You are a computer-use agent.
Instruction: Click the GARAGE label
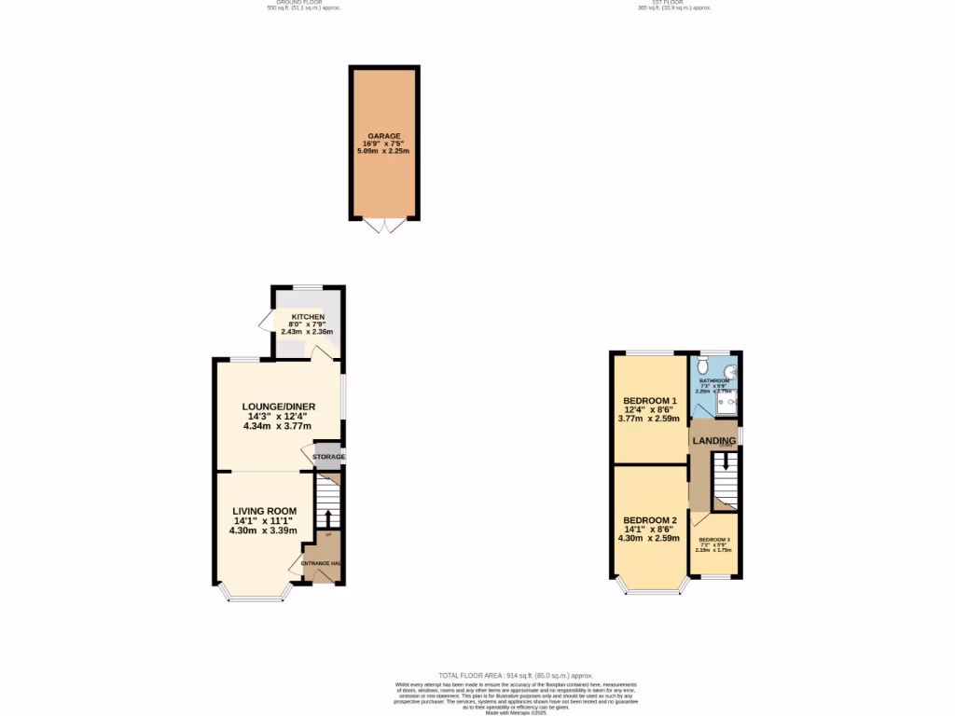click(x=383, y=136)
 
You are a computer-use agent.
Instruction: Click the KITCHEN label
click(x=307, y=317)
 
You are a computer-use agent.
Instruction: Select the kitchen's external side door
click(x=265, y=322)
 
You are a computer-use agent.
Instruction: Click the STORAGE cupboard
click(x=328, y=457)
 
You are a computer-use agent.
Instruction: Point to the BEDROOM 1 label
click(x=650, y=400)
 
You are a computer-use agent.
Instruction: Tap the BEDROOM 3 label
click(x=714, y=540)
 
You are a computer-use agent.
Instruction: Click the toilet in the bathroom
click(x=702, y=367)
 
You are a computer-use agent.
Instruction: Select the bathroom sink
click(x=731, y=371)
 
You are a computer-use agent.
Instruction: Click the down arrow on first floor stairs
click(x=725, y=463)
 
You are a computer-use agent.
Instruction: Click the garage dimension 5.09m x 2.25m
click(x=383, y=151)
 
